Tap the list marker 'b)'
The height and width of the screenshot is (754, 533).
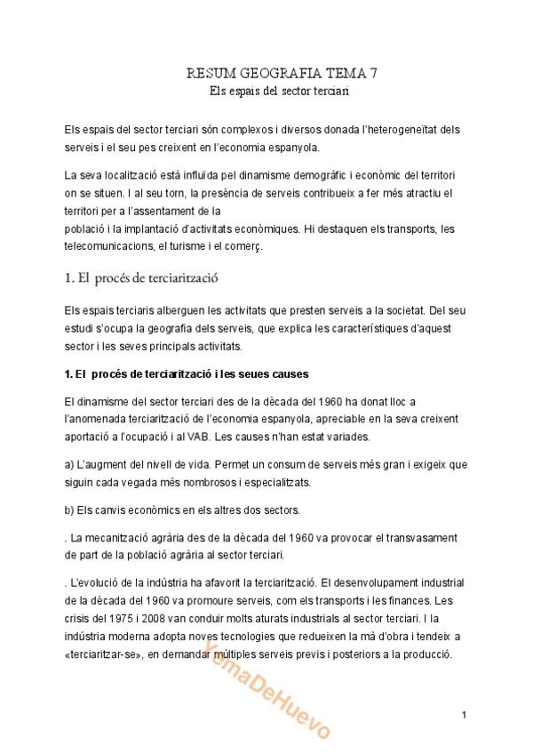click(70, 510)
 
